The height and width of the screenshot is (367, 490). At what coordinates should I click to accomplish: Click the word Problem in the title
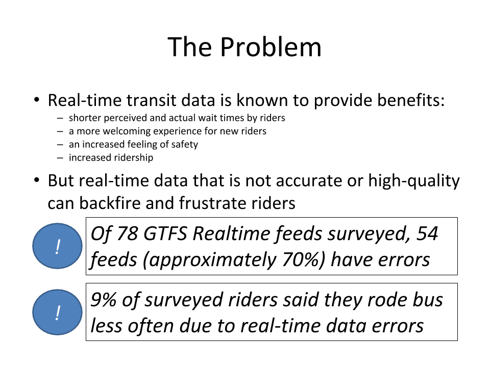click(271, 47)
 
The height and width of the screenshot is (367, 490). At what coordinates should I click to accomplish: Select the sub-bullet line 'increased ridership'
click(111, 158)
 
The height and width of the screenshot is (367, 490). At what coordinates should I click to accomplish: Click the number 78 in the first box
click(128, 234)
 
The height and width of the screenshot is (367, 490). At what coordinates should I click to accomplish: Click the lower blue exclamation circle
click(58, 312)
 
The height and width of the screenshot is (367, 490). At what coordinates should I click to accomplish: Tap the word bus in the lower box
click(428, 300)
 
